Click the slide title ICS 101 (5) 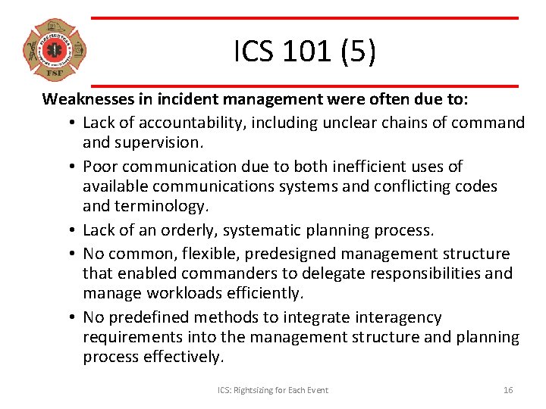304,52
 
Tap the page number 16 508,390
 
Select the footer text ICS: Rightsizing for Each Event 273,390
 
